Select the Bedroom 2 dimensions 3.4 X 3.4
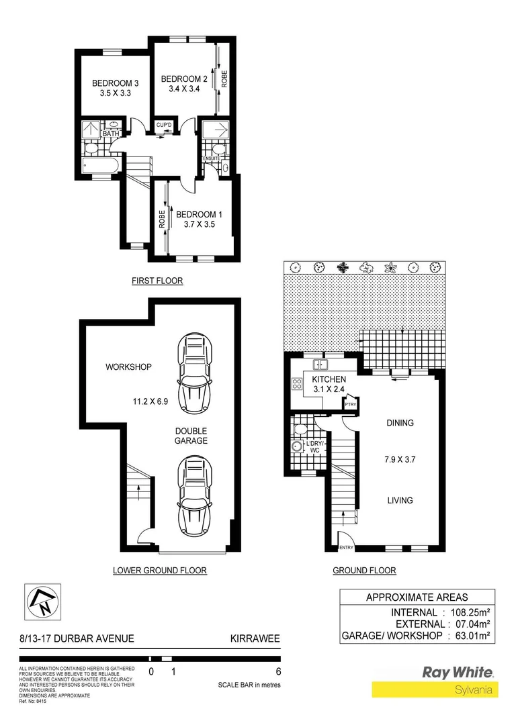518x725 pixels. (x=179, y=89)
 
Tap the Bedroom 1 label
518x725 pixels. (x=199, y=214)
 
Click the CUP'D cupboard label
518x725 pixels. (x=164, y=125)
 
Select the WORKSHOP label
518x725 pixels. (x=128, y=367)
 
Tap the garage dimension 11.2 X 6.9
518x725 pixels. (x=155, y=403)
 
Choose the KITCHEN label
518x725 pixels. (x=329, y=380)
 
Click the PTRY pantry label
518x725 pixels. (x=350, y=405)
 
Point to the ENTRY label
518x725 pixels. (x=346, y=548)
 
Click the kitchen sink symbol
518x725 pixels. (x=320, y=365)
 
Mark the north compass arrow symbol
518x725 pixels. (x=41, y=602)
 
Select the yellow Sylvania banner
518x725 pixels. (x=435, y=690)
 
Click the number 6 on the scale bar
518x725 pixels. (x=277, y=671)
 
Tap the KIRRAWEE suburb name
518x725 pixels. (x=255, y=639)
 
